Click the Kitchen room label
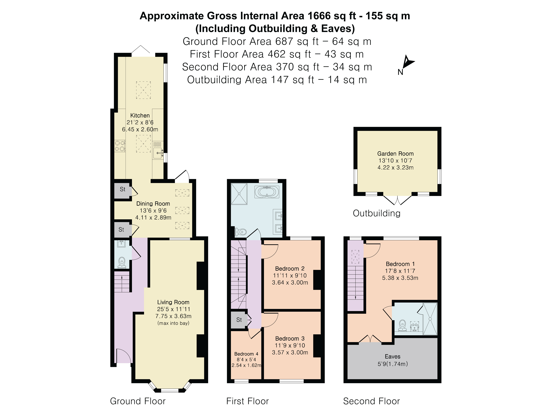pyautogui.click(x=140, y=116)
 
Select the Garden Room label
pyautogui.click(x=395, y=154)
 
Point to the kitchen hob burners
pyautogui.click(x=120, y=146)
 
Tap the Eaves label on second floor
pyautogui.click(x=392, y=356)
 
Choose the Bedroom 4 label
pyautogui.click(x=246, y=354)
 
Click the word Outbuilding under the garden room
pyautogui.click(x=377, y=213)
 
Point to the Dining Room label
pyautogui.click(x=153, y=204)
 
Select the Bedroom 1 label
pyautogui.click(x=400, y=264)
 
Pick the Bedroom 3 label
pyautogui.click(x=290, y=338)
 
